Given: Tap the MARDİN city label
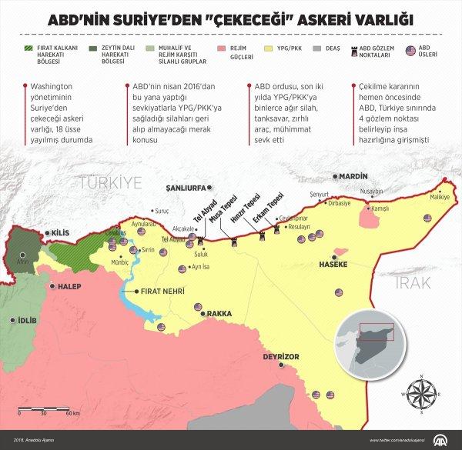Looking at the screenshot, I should [x=348, y=175].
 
